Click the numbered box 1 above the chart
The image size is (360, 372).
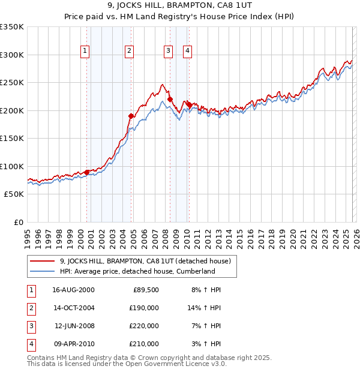(x=86, y=51)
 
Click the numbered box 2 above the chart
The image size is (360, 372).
(x=129, y=51)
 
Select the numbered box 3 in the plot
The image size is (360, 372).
(x=169, y=51)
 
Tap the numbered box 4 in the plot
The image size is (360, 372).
(x=188, y=51)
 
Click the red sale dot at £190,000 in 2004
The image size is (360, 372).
(x=131, y=116)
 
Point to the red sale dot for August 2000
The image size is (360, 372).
(x=87, y=172)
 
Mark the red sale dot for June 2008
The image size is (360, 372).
(x=170, y=99)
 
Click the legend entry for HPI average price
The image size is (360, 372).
(x=137, y=271)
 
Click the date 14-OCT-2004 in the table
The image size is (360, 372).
(x=73, y=308)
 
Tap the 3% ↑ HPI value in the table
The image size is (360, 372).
(x=208, y=344)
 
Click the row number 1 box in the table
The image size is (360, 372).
(x=31, y=290)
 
